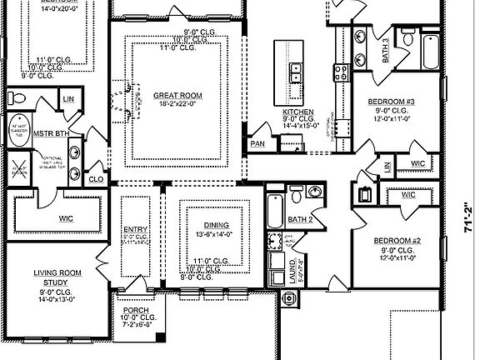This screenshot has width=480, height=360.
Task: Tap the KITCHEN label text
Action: coord(297,112)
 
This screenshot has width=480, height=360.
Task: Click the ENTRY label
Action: coord(135,229)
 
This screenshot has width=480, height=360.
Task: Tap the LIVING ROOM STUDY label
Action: coord(56,278)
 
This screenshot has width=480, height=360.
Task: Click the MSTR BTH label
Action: coord(51,133)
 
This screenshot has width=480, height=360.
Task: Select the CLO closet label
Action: coord(96,177)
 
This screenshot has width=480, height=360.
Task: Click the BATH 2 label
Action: coord(299,219)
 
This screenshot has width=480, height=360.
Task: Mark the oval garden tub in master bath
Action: coord(16,131)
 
